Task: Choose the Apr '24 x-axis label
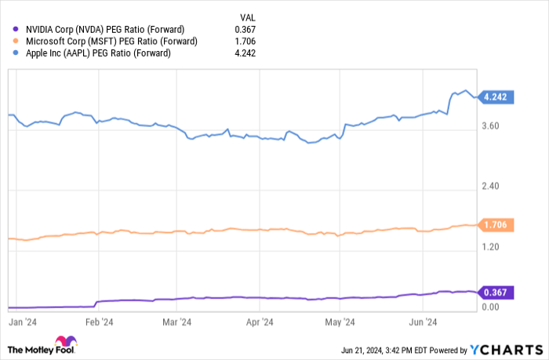pos(259,322)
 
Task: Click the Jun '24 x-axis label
pos(424,322)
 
